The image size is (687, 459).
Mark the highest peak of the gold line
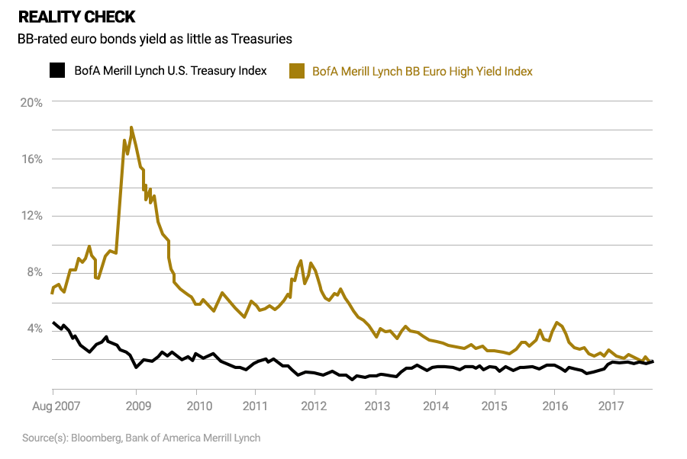click(131, 127)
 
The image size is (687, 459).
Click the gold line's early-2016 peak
click(557, 323)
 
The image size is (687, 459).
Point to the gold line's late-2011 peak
click(301, 261)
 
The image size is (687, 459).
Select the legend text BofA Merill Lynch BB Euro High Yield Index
click(422, 71)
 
